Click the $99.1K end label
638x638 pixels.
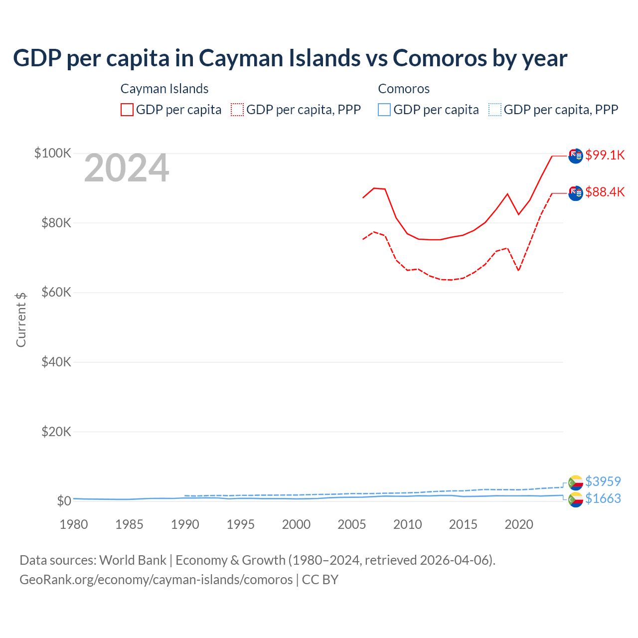(605, 155)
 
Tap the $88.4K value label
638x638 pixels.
(605, 192)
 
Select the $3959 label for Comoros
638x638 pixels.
(603, 481)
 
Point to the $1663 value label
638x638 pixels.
(603, 498)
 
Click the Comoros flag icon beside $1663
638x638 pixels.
(576, 499)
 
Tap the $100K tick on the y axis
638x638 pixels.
(53, 153)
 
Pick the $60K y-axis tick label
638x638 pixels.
(56, 292)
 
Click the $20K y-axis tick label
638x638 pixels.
(56, 432)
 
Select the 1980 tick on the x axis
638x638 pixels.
(74, 524)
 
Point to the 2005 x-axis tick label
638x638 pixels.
(352, 524)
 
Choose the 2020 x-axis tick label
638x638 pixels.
(519, 524)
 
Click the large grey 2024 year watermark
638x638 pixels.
(127, 168)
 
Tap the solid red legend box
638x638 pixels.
(127, 110)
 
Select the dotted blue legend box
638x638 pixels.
(495, 110)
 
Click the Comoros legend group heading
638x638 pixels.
(404, 89)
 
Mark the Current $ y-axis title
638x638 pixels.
(21, 319)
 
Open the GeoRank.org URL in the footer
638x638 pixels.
(156, 580)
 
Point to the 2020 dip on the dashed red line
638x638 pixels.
(519, 270)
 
